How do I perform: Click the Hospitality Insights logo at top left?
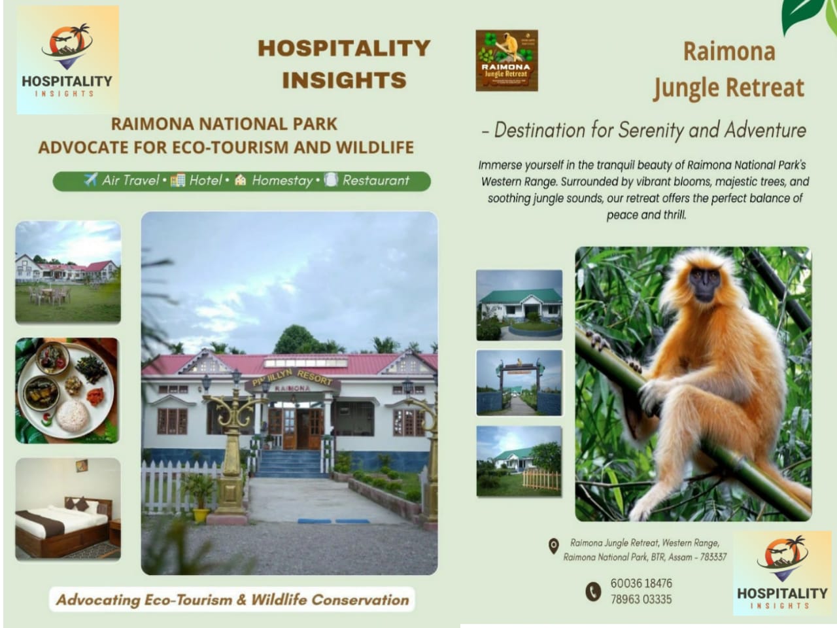tap(67, 60)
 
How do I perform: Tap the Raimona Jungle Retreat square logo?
tap(506, 60)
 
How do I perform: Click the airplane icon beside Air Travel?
tap(90, 180)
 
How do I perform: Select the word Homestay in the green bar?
tap(282, 181)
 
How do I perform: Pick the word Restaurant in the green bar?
tap(375, 181)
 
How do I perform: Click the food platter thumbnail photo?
tap(67, 390)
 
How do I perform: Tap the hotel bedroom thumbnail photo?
tap(67, 509)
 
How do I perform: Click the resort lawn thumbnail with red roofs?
tap(67, 271)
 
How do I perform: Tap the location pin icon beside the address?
tap(553, 546)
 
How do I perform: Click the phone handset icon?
tap(592, 591)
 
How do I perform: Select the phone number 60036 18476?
tap(641, 583)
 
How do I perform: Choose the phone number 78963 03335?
tap(641, 599)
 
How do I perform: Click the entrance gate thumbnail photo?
tap(519, 383)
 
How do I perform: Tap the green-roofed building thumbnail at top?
tap(519, 305)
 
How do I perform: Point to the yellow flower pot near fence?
tap(200, 515)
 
